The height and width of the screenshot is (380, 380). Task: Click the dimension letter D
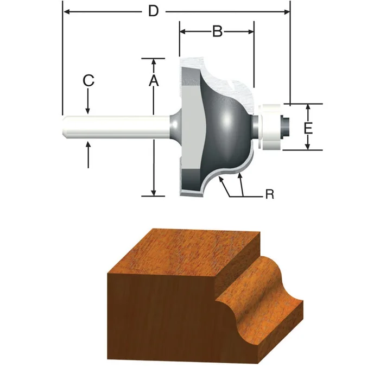(x=154, y=11)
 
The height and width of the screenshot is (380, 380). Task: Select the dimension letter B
(x=217, y=32)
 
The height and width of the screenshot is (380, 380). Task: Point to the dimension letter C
(x=88, y=81)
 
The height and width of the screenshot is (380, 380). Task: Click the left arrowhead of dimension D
(x=67, y=11)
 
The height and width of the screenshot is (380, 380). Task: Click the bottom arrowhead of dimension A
(x=154, y=192)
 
